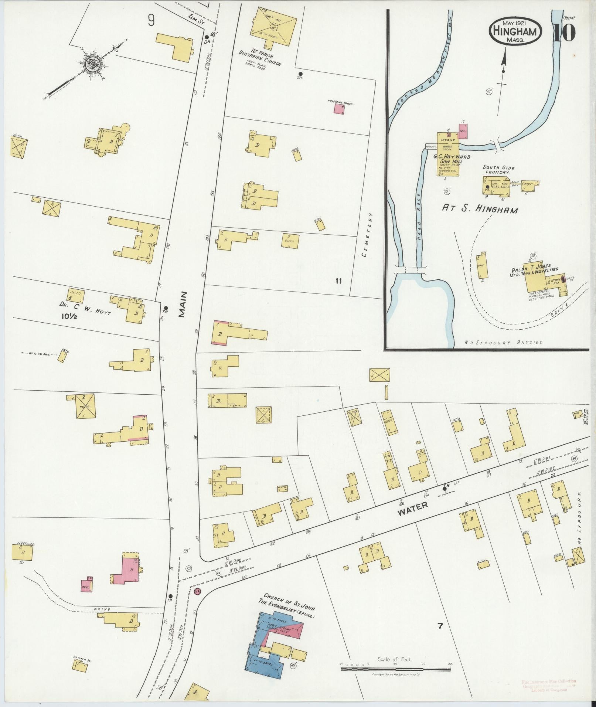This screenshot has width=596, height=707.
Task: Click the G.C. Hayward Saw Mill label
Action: pos(452,159)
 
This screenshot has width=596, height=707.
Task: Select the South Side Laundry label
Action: pos(498,170)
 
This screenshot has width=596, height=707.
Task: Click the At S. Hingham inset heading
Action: pos(480,209)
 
